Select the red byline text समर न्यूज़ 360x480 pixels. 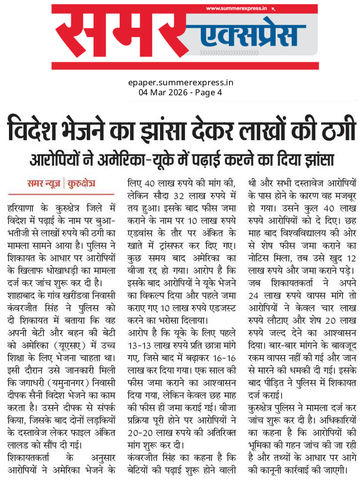tap(44, 184)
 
